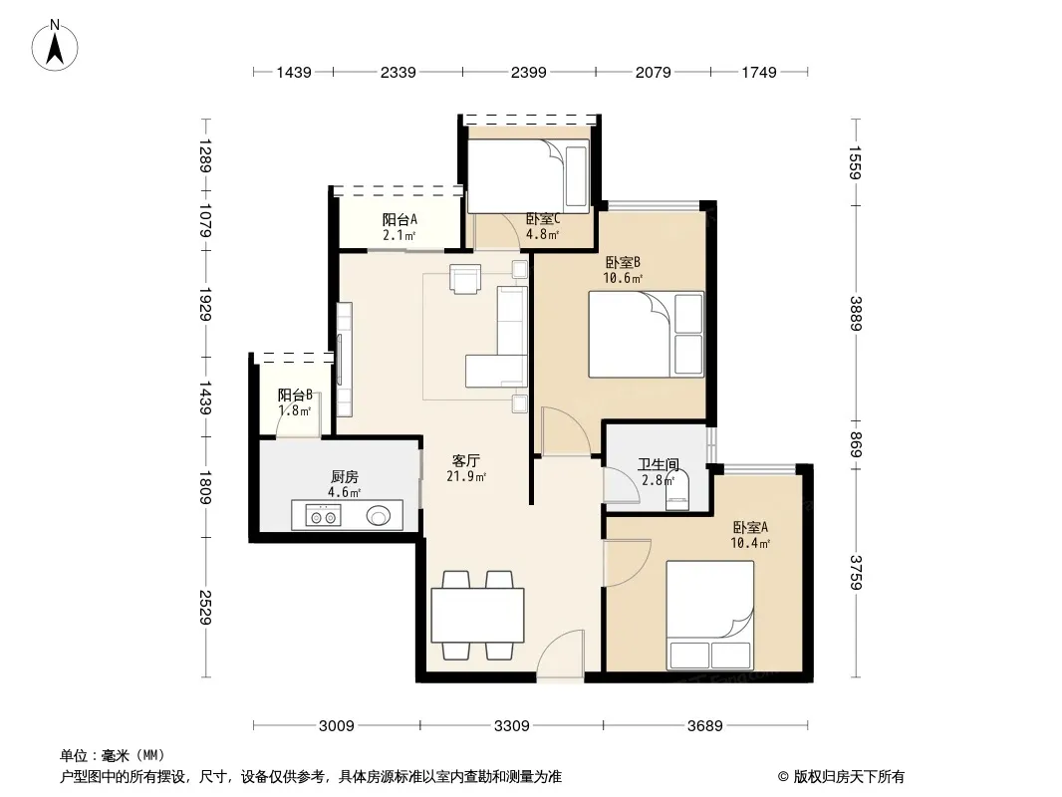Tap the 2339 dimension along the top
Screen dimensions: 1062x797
398,72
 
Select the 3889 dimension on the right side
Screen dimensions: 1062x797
856,314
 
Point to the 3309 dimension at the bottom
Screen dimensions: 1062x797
511,726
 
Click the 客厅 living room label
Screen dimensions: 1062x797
466,461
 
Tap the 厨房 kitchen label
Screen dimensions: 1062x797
345,477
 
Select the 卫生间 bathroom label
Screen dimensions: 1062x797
659,464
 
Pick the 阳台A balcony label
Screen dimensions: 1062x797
399,220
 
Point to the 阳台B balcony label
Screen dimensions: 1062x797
295,395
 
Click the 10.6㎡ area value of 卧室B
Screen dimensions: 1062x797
623,278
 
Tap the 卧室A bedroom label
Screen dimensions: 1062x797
750,527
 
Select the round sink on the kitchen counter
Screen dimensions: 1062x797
379,516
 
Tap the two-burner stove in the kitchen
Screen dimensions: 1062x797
323,515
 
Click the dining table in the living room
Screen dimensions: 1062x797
477,615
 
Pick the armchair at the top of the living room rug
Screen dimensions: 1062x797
465,278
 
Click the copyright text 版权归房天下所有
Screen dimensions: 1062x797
849,777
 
